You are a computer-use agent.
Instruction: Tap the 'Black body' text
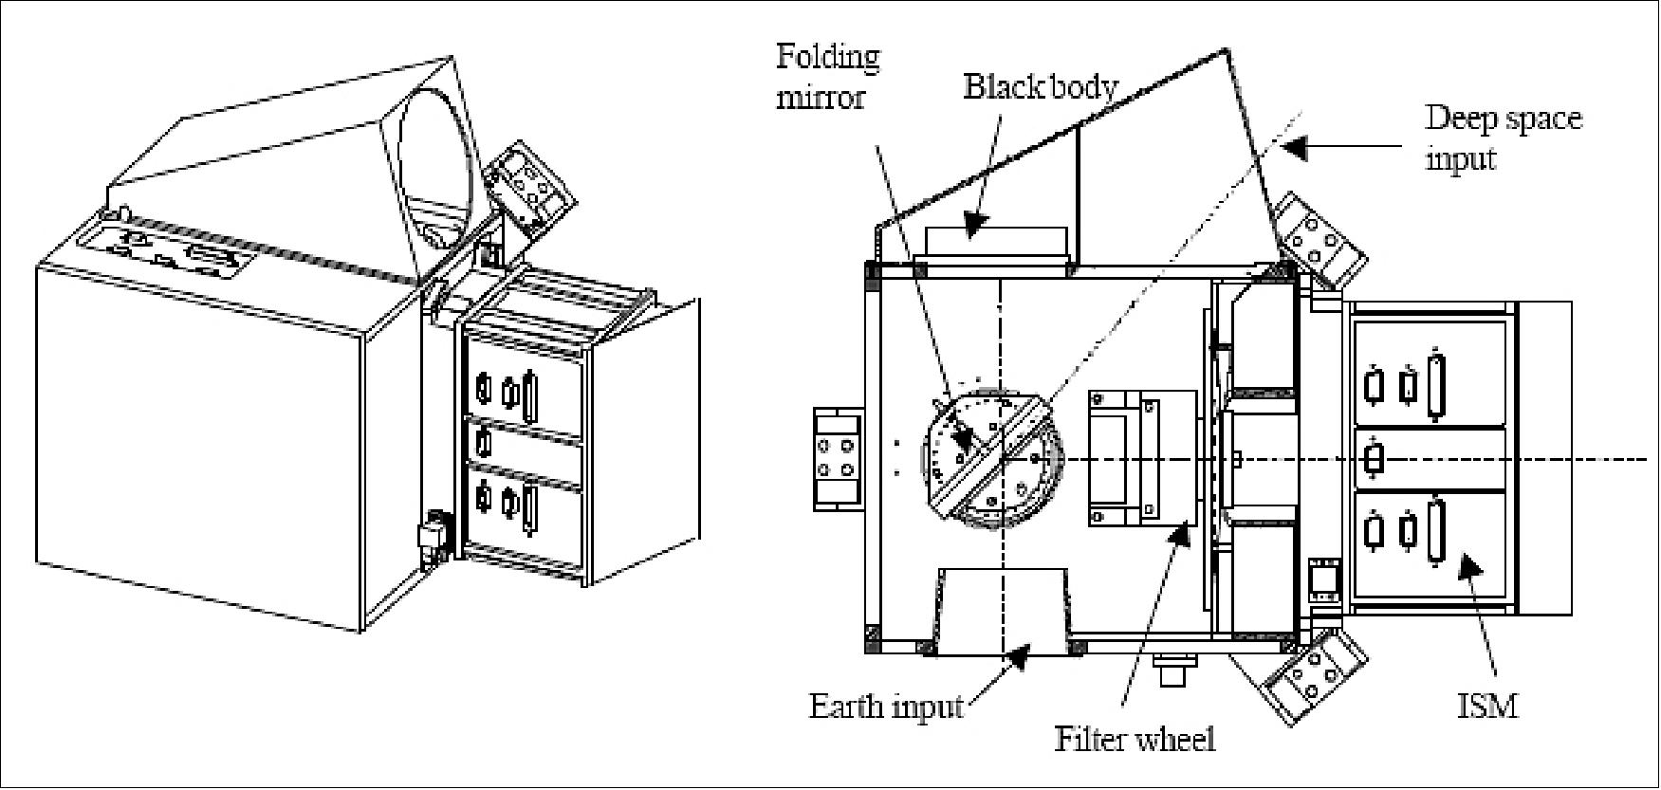1041,87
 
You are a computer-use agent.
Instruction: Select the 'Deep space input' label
1504,138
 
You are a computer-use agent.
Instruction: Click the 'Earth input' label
885,707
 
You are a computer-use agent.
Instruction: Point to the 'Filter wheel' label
1135,738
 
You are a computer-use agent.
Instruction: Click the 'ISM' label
1487,706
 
